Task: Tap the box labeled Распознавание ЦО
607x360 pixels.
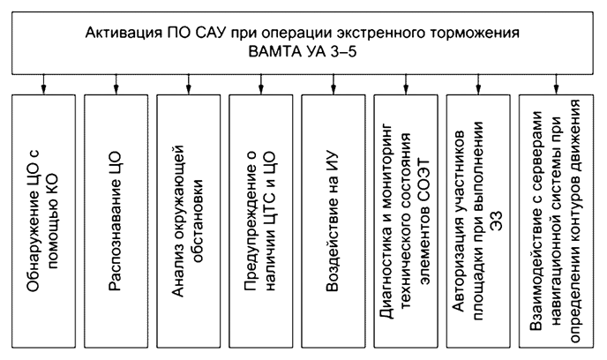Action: [x=116, y=221]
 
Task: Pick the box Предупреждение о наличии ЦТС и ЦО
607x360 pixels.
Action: [x=260, y=221]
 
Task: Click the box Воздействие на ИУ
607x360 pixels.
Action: [x=333, y=221]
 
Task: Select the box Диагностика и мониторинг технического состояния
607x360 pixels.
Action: [x=405, y=221]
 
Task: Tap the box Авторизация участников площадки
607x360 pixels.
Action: [x=477, y=221]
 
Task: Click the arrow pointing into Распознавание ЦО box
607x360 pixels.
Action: [x=116, y=83]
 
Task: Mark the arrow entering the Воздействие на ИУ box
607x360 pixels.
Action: [x=333, y=83]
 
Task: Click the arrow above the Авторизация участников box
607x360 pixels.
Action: [x=477, y=83]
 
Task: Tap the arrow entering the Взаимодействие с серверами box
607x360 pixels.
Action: [x=555, y=83]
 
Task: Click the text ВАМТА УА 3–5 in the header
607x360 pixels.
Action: [x=304, y=51]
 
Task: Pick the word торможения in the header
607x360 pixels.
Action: [x=477, y=33]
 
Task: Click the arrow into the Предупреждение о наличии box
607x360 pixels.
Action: [x=260, y=83]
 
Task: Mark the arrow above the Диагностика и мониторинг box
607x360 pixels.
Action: [x=405, y=83]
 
